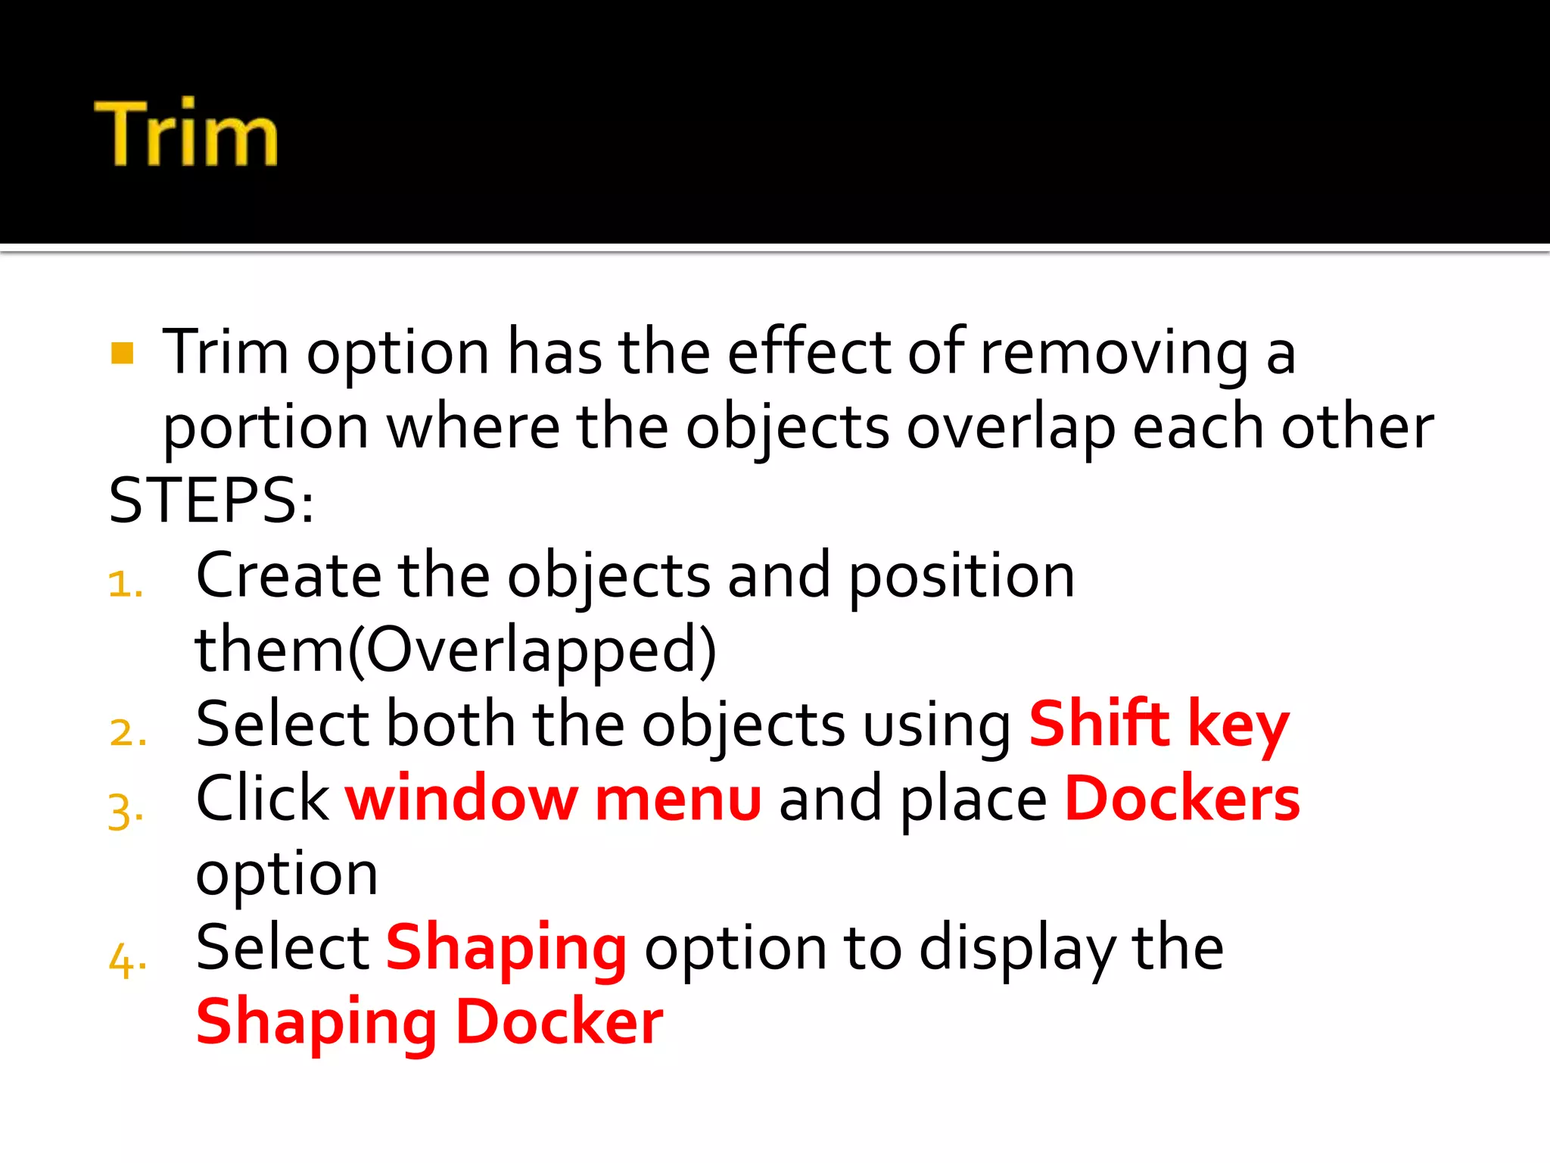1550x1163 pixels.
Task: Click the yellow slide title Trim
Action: (186, 133)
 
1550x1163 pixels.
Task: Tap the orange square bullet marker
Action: (122, 353)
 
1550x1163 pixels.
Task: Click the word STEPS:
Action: (211, 500)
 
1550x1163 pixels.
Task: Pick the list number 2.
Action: (127, 733)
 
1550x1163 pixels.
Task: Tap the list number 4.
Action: (127, 960)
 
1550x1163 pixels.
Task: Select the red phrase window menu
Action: (553, 799)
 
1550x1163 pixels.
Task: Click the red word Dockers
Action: (1182, 799)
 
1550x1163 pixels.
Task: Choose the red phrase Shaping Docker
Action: (429, 1022)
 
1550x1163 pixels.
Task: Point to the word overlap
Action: (1011, 427)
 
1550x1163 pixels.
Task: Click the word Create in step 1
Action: (288, 575)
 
